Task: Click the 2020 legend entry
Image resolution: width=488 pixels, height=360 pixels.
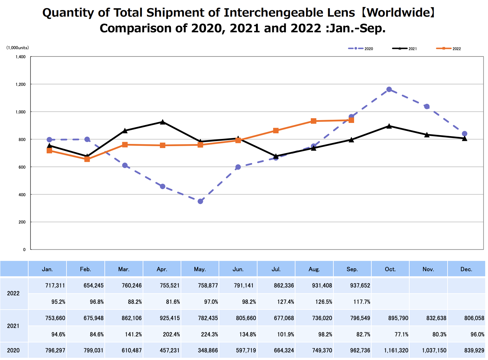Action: (x=361, y=49)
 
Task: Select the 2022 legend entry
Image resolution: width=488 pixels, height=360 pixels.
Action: (x=448, y=49)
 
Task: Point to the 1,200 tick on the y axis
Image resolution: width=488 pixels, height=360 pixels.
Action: (x=21, y=84)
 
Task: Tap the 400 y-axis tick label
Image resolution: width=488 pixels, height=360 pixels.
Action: (x=22, y=195)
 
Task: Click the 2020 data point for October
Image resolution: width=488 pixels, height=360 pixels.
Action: (x=389, y=89)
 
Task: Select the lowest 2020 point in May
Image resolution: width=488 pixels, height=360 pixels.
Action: (x=200, y=201)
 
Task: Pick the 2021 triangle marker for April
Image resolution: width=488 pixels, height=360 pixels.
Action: (x=162, y=122)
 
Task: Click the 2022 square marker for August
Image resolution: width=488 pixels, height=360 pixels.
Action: (x=314, y=121)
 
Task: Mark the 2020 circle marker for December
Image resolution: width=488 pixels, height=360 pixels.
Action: (x=464, y=134)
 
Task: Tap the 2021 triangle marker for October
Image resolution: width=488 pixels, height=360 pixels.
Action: (x=389, y=126)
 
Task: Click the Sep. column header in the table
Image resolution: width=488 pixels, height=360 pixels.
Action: (x=352, y=269)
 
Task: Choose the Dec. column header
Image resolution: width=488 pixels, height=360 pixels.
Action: (x=466, y=269)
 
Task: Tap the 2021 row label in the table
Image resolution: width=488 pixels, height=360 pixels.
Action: (x=13, y=326)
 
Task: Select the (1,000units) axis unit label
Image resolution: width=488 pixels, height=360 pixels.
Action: (x=18, y=48)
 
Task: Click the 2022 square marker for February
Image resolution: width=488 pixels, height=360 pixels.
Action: (x=87, y=159)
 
